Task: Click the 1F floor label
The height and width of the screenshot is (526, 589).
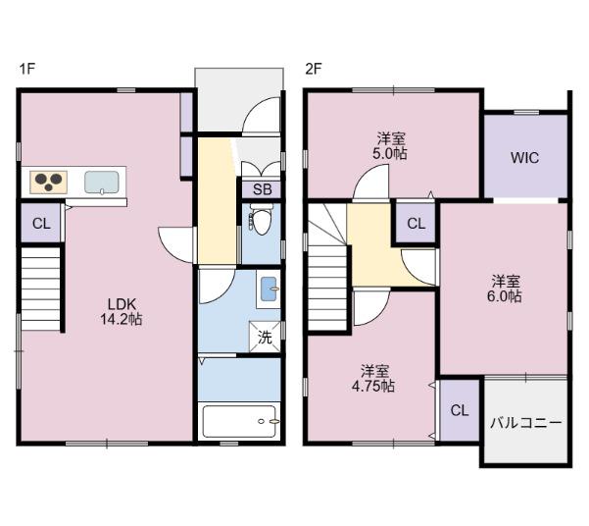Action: point(26,69)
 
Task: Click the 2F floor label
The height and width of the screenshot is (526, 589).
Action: point(313,69)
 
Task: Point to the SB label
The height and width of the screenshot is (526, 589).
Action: point(262,189)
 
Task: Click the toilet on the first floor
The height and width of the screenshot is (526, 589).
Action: point(260,222)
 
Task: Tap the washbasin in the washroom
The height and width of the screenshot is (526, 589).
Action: point(268,289)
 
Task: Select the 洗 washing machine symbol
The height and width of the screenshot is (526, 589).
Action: point(265,337)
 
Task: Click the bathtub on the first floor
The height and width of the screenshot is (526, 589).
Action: point(241,423)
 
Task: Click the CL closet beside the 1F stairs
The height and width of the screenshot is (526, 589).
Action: point(40,224)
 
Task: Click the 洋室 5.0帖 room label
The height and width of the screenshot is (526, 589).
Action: point(390,146)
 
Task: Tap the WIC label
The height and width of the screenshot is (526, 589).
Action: point(523,157)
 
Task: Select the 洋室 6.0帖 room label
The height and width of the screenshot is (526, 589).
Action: point(505,287)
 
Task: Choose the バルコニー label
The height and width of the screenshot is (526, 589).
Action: point(525,423)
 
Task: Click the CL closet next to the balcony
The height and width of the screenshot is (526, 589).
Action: point(459,409)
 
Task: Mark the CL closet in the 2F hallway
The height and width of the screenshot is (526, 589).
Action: point(416,223)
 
